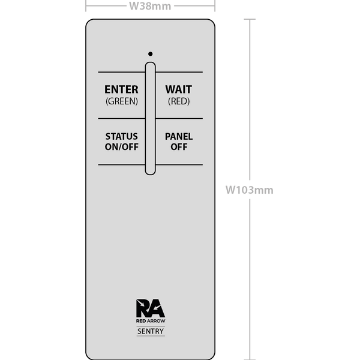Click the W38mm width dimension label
tap(150, 6)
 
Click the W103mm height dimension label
tap(250, 190)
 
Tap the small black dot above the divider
tap(151, 54)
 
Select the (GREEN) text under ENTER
tap(122, 101)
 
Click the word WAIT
tap(179, 89)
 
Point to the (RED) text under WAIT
tap(179, 101)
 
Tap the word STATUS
tap(122, 136)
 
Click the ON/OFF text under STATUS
tap(122, 147)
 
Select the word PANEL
tap(179, 136)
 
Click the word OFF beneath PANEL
tap(179, 147)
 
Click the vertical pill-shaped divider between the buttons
tap(151, 118)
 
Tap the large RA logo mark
tap(151, 308)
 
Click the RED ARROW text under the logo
tap(151, 321)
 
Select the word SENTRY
tap(151, 331)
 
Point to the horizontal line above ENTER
tap(122, 72)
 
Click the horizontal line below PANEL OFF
tap(179, 164)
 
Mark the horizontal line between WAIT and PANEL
tap(179, 118)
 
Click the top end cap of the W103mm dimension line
tap(250, 19)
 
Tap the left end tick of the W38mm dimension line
tap(86, 6)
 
